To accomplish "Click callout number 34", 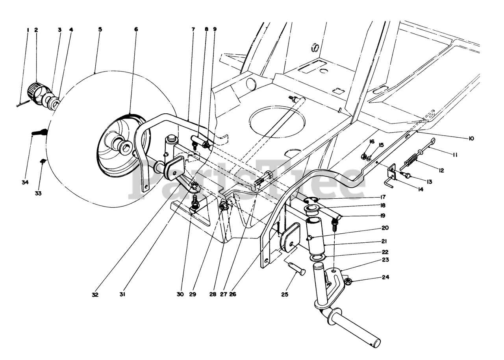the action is coord(25,183).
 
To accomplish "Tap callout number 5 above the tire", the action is coord(100,30).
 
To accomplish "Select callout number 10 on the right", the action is coord(471,138).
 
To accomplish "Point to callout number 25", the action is coord(285,294).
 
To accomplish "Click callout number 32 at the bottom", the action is coord(95,295).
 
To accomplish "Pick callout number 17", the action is coord(383,197).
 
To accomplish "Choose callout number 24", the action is coord(385,277).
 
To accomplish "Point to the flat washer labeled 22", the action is coord(317,258).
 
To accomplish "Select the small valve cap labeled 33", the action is coord(43,161).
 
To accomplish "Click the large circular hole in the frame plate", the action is coord(277,122).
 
